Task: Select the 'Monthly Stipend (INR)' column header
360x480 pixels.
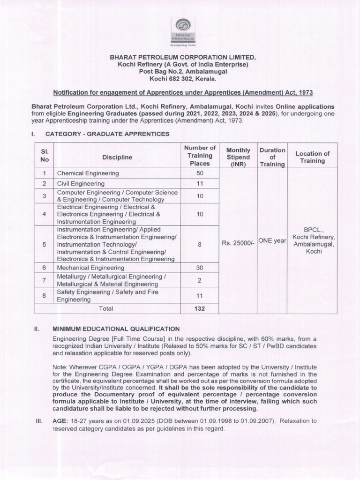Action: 238,157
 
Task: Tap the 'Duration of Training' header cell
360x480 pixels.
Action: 272,157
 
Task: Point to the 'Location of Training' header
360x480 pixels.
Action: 313,157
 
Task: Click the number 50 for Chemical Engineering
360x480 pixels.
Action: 200,173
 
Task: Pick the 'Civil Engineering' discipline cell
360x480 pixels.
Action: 81,183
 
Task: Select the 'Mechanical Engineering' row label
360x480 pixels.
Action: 90,268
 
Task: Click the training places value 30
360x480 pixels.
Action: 200,268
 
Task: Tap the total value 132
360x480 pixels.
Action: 200,308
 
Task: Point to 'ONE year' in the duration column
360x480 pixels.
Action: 272,240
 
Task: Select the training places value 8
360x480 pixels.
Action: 200,244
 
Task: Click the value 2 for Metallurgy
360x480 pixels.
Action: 200,280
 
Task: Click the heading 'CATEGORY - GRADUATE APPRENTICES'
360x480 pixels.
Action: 107,134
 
